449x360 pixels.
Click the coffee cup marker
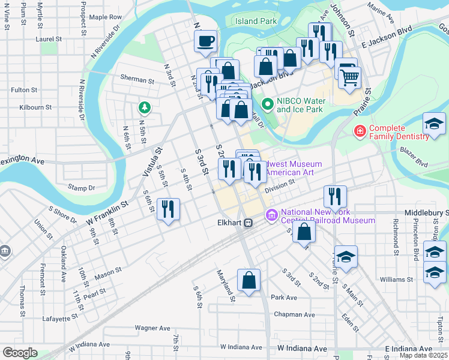[x=205, y=41]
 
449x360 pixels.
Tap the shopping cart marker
[x=349, y=76]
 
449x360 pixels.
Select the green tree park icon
[x=143, y=108]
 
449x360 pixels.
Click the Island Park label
[x=256, y=21]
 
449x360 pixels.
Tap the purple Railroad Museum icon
[x=271, y=214]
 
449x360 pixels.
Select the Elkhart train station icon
[x=247, y=222]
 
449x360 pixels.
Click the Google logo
[x=19, y=353]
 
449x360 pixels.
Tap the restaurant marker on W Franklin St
[x=168, y=209]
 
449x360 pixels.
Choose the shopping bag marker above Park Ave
[x=249, y=280]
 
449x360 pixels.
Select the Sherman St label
[x=137, y=79]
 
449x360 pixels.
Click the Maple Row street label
[x=106, y=17]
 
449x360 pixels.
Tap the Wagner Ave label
[x=153, y=328]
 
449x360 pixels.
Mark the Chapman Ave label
[x=290, y=314]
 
